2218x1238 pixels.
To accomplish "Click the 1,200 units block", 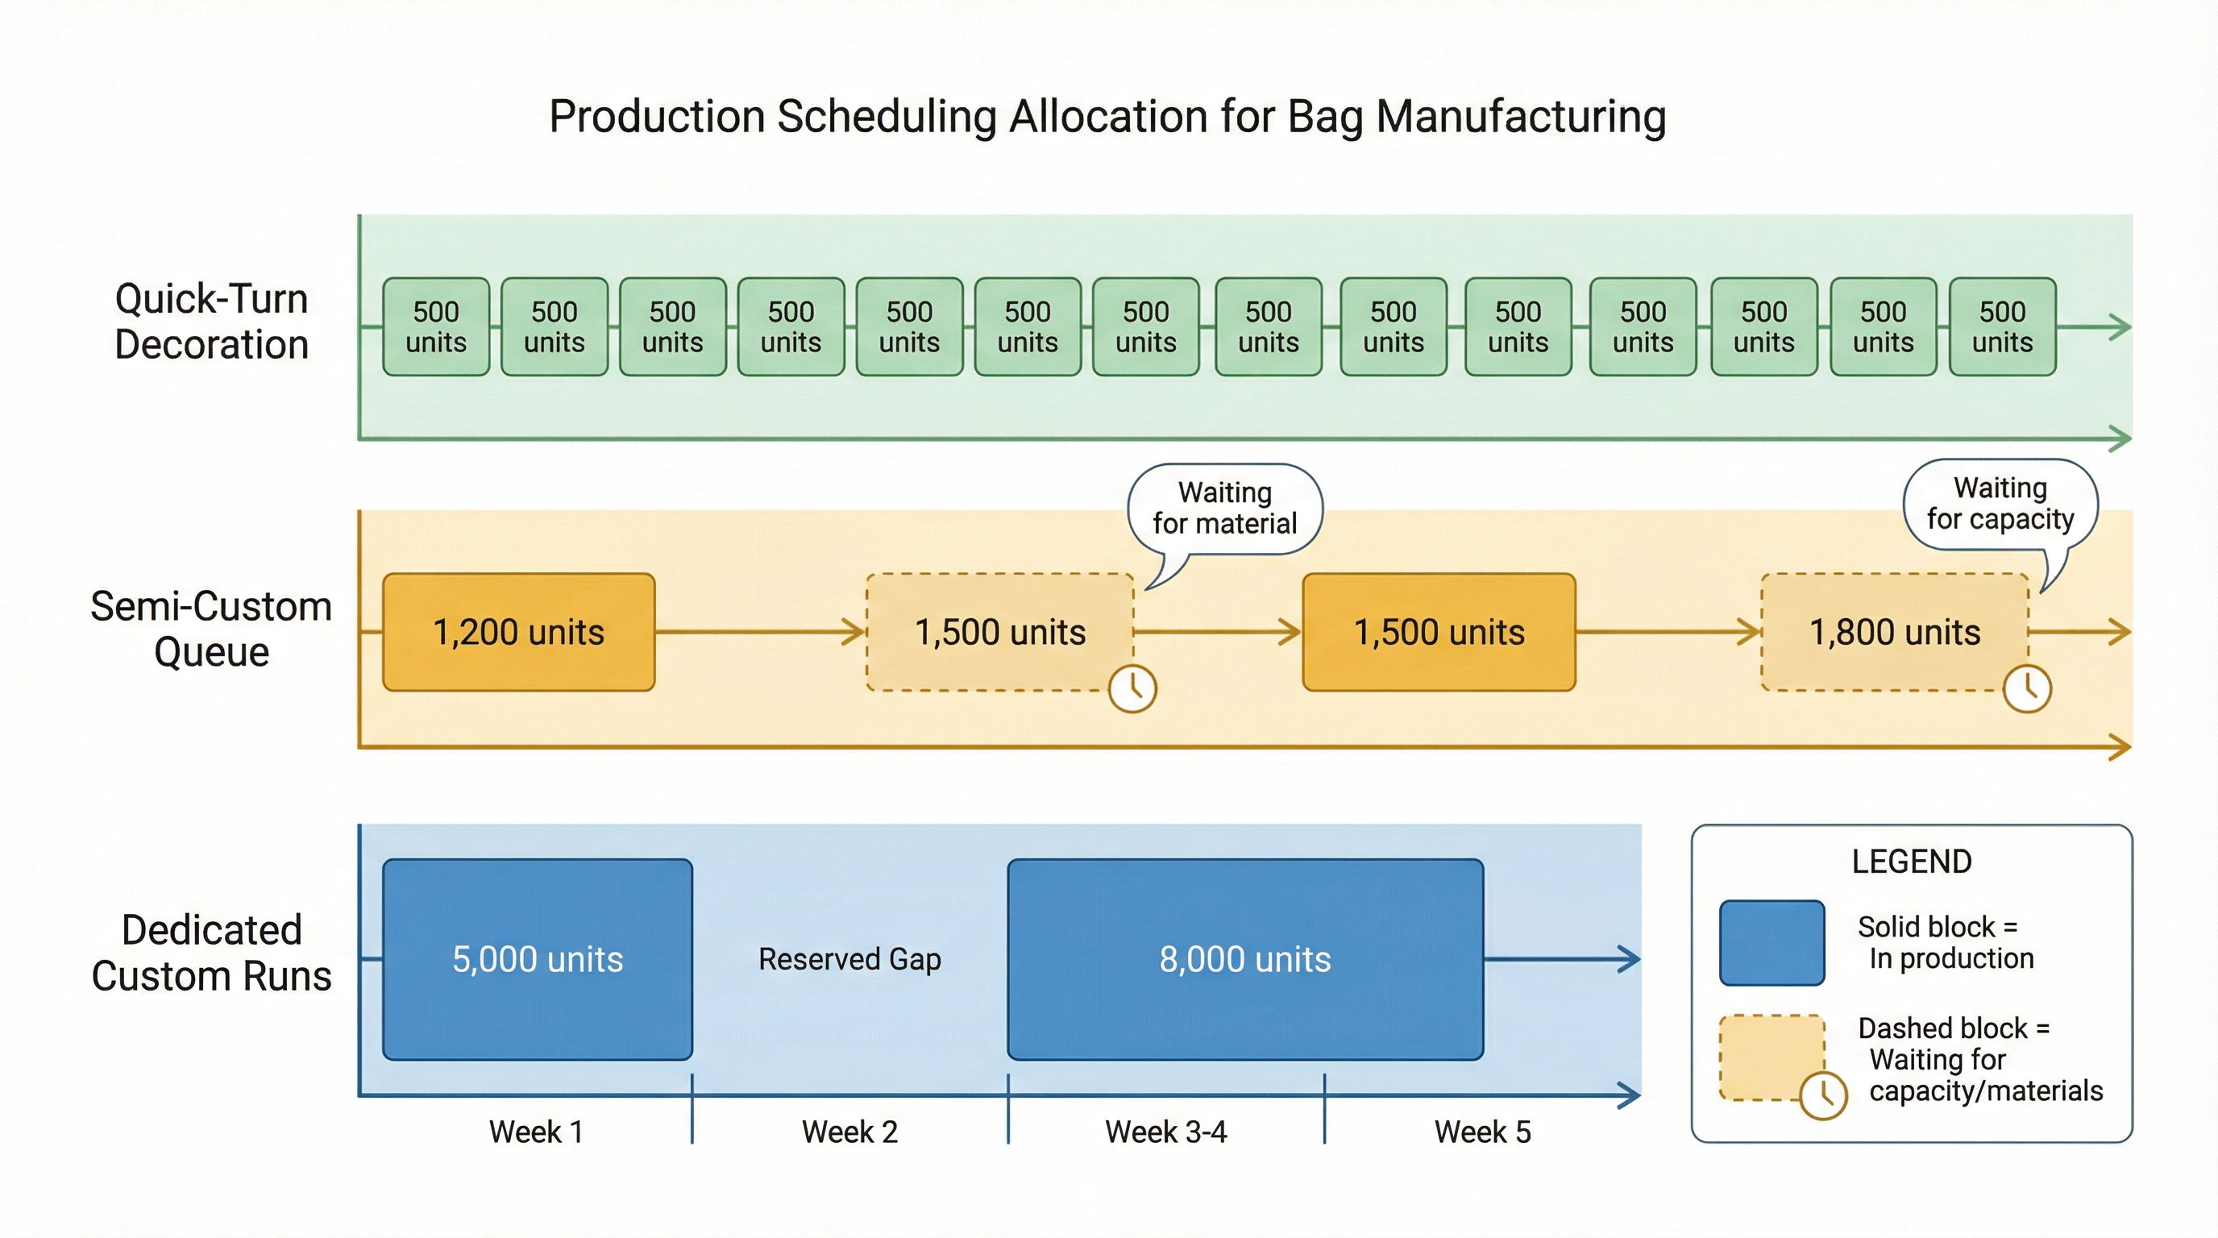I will tap(518, 632).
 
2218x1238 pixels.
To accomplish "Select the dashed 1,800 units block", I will tap(1894, 632).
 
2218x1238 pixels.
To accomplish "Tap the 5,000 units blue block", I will tap(538, 959).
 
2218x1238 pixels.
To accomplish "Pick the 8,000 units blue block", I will tap(1245, 959).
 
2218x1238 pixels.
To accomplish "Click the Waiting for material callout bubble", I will tap(1224, 509).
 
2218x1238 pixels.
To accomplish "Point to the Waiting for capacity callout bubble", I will tap(2000, 505).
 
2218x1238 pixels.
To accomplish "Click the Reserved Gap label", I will tap(849, 959).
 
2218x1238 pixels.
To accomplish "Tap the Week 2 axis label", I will tap(849, 1132).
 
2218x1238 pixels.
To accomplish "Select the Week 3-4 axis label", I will tap(1166, 1132).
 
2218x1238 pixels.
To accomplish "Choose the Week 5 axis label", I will tap(1483, 1132).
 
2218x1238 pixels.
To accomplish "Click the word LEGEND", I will tap(1912, 862).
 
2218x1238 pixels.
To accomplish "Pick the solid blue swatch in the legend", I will tap(1772, 943).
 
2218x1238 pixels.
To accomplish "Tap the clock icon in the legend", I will tap(1824, 1095).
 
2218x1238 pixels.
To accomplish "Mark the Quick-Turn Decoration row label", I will tap(212, 321).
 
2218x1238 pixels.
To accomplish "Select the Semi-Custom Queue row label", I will tap(212, 629).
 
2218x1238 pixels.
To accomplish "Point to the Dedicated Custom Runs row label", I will tap(212, 953).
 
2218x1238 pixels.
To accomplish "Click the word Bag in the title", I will tap(1325, 117).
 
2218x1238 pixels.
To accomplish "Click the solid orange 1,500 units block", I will tap(1439, 632).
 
